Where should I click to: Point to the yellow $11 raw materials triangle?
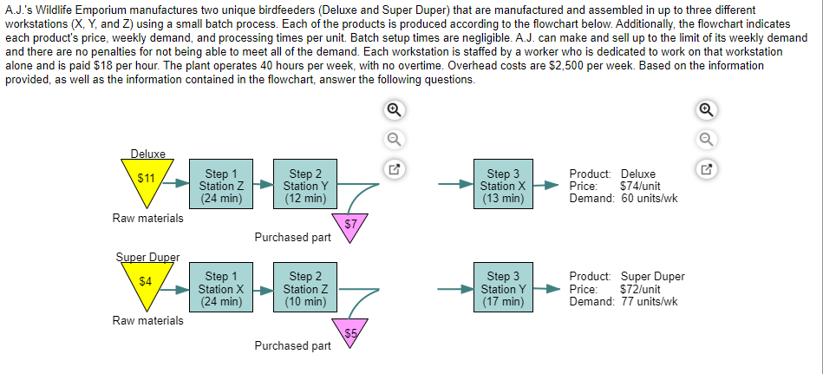pyautogui.click(x=147, y=180)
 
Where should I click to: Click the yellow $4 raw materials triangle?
pyautogui.click(x=147, y=283)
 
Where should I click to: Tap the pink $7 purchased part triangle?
pyautogui.click(x=350, y=226)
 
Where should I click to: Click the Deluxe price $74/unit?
pyautogui.click(x=641, y=186)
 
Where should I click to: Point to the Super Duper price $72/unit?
pyautogui.click(x=641, y=289)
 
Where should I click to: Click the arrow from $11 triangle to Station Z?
pyautogui.click(x=177, y=184)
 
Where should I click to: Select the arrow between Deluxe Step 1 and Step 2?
pyautogui.click(x=263, y=184)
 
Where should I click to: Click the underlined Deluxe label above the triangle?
pyautogui.click(x=147, y=154)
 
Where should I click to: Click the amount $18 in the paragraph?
pyautogui.click(x=89, y=65)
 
